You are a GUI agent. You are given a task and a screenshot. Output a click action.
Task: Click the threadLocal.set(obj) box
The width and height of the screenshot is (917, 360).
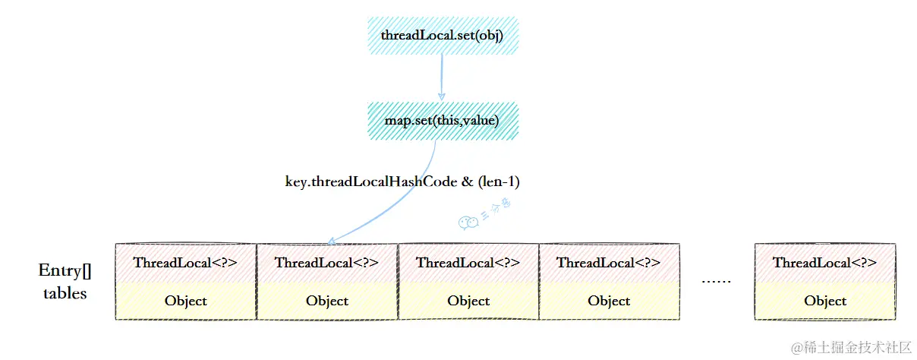443,36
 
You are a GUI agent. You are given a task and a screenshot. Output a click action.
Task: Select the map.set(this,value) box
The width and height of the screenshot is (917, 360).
443,121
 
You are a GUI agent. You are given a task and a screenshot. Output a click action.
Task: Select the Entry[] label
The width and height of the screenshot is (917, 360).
65,270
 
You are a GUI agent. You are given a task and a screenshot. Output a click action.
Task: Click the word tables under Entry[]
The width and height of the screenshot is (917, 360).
65,293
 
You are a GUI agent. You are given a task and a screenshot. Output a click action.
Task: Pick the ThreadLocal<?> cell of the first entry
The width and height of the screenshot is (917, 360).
185,263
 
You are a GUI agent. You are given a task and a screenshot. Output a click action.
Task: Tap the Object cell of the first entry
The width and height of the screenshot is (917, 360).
185,301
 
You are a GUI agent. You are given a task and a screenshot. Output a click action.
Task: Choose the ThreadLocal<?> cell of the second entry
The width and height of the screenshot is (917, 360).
327,263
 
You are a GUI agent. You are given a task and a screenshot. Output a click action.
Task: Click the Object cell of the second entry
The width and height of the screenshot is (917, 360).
327,301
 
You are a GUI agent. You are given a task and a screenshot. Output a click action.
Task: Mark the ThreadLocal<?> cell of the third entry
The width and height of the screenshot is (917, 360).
468,263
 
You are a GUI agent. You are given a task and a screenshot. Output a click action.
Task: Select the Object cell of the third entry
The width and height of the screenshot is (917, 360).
468,301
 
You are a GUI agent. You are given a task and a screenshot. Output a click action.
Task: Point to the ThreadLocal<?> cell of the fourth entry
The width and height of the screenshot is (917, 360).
609,263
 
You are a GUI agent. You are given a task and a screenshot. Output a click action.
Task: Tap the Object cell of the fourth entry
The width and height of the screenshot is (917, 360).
609,301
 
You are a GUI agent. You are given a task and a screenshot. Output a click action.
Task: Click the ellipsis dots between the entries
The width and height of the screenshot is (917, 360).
716,281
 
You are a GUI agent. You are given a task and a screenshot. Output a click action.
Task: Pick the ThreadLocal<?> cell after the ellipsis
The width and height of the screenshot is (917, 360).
825,263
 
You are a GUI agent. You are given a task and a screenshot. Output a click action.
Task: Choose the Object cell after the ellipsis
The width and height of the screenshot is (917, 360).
825,301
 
